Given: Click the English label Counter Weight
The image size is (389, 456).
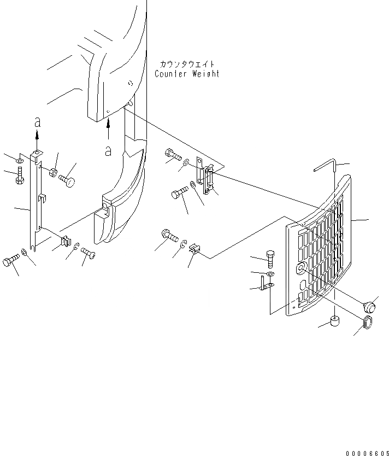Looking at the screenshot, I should [x=187, y=74].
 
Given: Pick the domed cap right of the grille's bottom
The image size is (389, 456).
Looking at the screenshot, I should [x=369, y=305].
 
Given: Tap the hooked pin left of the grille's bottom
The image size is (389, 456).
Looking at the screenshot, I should [x=265, y=284].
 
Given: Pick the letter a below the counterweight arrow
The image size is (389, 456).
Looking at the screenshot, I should [x=108, y=150].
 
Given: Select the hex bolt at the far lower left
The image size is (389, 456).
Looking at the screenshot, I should [x=11, y=261].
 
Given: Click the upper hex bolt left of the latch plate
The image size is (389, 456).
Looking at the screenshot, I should [x=172, y=156].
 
